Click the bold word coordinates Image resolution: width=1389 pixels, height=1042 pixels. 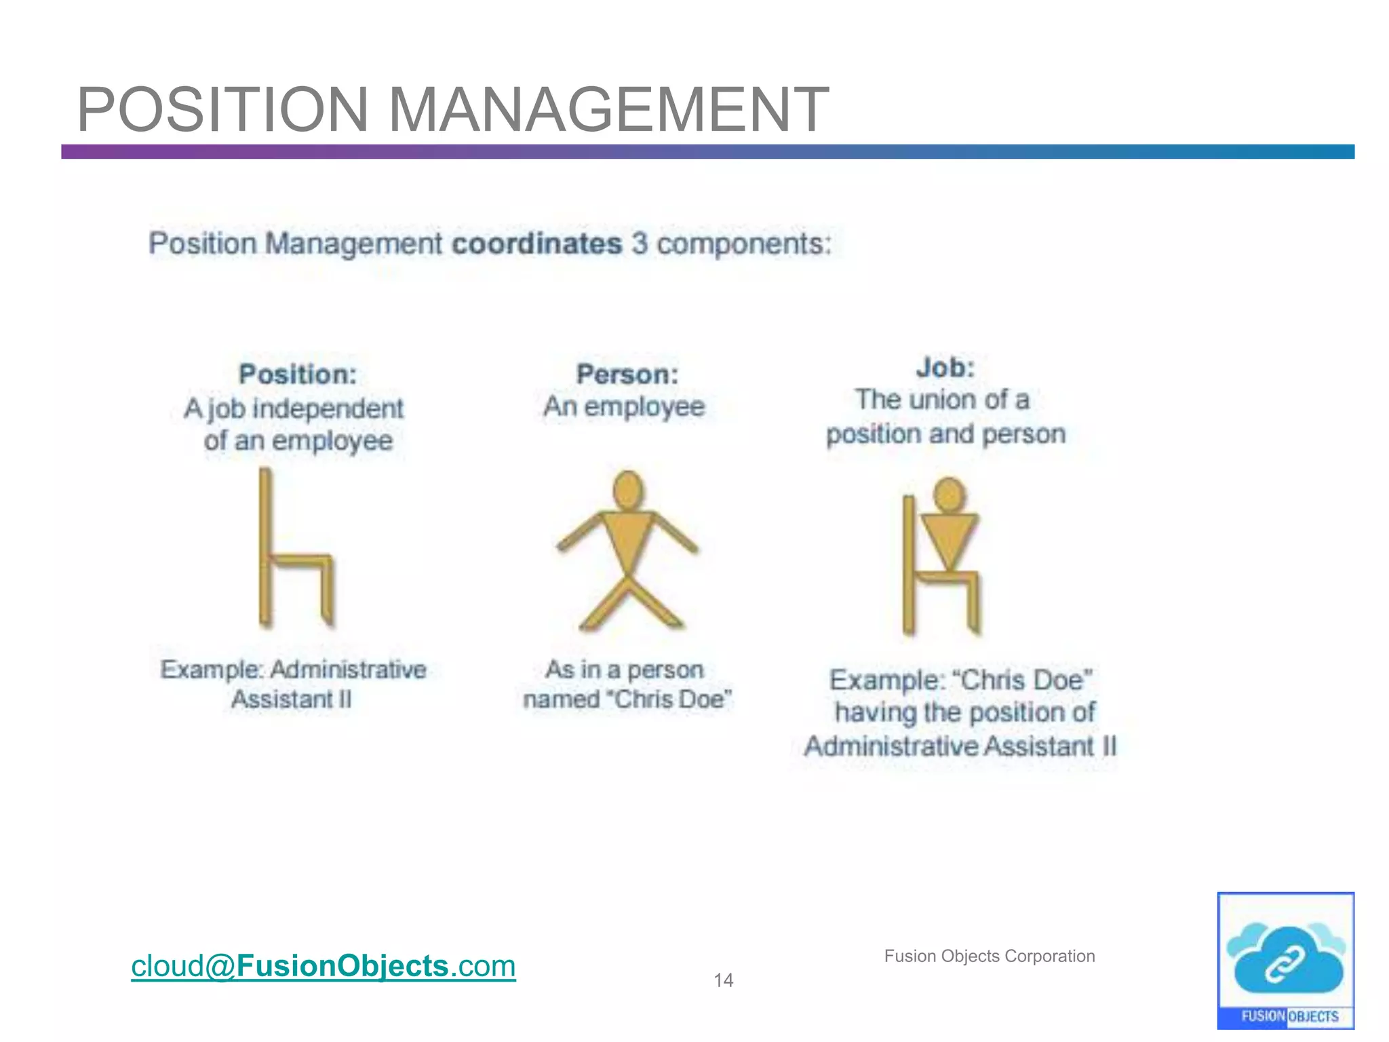pyautogui.click(x=536, y=244)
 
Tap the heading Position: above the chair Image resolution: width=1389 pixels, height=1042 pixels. pyautogui.click(x=298, y=374)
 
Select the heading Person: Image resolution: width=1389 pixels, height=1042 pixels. pyautogui.click(x=627, y=374)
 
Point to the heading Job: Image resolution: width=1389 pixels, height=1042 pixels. pyautogui.click(x=945, y=368)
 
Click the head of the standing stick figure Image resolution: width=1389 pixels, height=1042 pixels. pyautogui.click(x=628, y=490)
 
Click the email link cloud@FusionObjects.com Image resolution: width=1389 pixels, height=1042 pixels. pyautogui.click(x=324, y=965)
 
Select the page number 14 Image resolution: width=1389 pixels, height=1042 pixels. pyautogui.click(x=723, y=980)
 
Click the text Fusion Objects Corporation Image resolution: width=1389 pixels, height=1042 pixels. pyautogui.click(x=989, y=956)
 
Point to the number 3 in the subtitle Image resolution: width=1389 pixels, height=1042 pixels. pyautogui.click(x=640, y=244)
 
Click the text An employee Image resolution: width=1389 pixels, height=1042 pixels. pyautogui.click(x=625, y=407)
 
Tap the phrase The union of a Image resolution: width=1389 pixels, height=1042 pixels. pyautogui.click(x=942, y=400)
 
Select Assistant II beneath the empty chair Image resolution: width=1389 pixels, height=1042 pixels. pyautogui.click(x=292, y=699)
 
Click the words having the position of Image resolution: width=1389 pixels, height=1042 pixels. pyautogui.click(x=964, y=712)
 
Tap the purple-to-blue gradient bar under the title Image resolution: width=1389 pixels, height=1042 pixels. pyautogui.click(x=707, y=152)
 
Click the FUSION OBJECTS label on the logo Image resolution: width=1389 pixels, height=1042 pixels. pyautogui.click(x=1289, y=1016)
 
